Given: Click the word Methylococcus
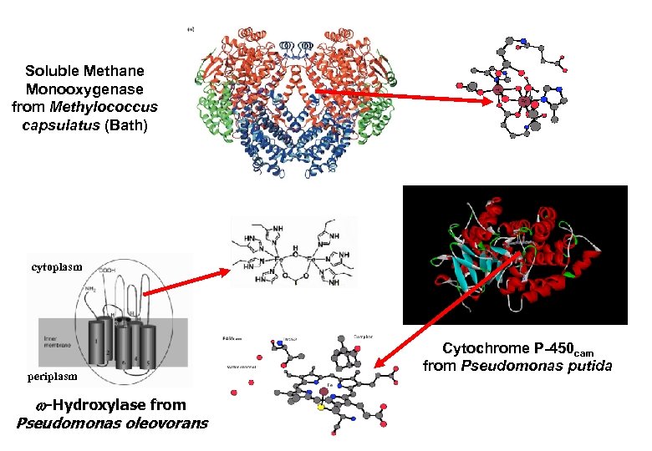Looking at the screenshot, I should pyautogui.click(x=118, y=106).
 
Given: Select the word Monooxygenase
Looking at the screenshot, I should pyautogui.click(x=84, y=89).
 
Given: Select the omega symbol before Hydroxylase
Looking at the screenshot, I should pyautogui.click(x=51, y=406).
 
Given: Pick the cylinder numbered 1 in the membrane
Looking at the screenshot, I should pyautogui.click(x=97, y=342).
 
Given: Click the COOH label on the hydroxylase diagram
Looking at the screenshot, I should pyautogui.click(x=110, y=270).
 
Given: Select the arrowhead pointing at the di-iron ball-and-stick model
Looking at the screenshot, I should pyautogui.click(x=494, y=101).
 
